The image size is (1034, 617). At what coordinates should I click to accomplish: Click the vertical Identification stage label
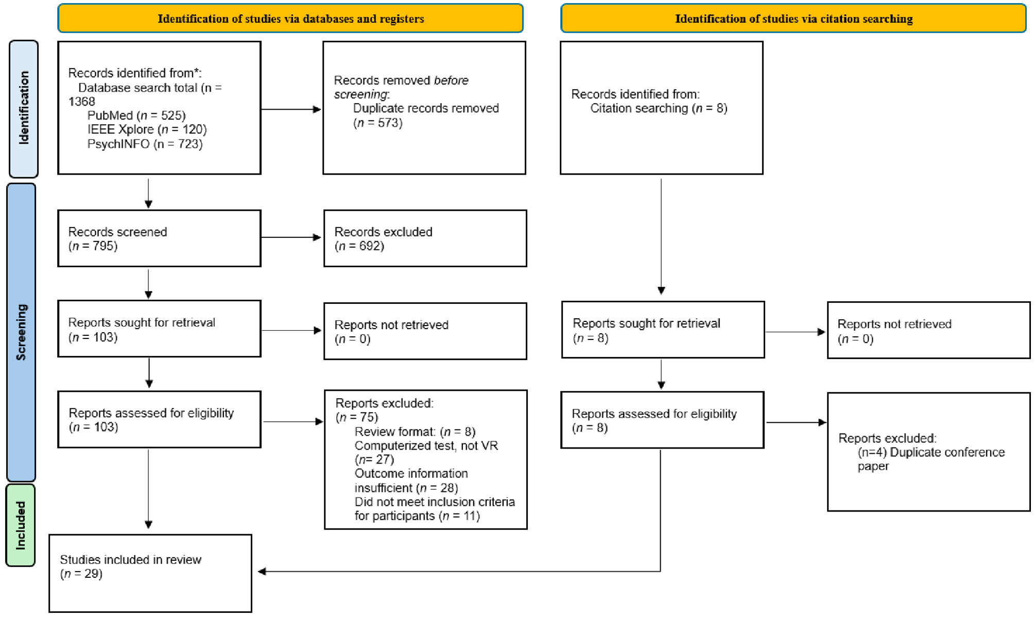24,108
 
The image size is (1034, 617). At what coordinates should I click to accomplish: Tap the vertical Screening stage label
21,332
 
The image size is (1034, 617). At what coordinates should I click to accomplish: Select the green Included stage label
21,525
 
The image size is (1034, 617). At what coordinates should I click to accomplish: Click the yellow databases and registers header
290,19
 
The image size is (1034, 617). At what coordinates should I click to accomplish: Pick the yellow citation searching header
793,19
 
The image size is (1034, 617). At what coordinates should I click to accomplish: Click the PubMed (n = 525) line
136,115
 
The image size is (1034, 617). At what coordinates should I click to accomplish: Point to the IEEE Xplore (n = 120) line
147,129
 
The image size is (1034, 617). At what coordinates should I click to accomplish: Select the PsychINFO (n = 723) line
145,144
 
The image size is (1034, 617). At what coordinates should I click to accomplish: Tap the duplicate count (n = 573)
377,123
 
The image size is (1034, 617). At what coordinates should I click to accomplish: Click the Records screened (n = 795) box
159,238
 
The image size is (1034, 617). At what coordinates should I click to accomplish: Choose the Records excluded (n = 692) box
425,238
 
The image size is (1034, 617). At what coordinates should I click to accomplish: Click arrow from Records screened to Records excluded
291,237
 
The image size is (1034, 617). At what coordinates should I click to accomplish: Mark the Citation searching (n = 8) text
658,108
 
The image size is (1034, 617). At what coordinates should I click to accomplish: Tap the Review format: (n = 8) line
415,432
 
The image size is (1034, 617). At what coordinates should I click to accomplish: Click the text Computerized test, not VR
426,445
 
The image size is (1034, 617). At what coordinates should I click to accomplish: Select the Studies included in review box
150,573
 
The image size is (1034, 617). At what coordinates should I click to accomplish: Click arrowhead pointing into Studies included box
262,571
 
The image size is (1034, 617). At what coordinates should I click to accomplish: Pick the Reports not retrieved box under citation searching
928,330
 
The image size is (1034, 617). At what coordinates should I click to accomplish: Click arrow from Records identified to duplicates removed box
291,109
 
